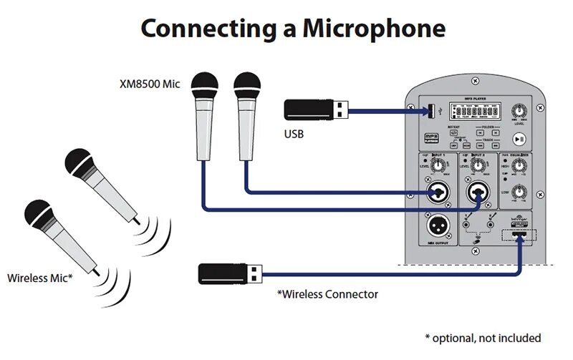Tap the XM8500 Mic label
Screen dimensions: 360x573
[x=149, y=84]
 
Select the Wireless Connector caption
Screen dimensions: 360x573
[x=327, y=293]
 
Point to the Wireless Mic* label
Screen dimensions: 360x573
[x=39, y=277]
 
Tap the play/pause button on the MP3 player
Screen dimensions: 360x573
[x=519, y=139]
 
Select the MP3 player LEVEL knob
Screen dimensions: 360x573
[x=519, y=111]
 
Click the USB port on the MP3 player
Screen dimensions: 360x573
[x=431, y=111]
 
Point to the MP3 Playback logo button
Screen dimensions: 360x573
[x=432, y=137]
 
